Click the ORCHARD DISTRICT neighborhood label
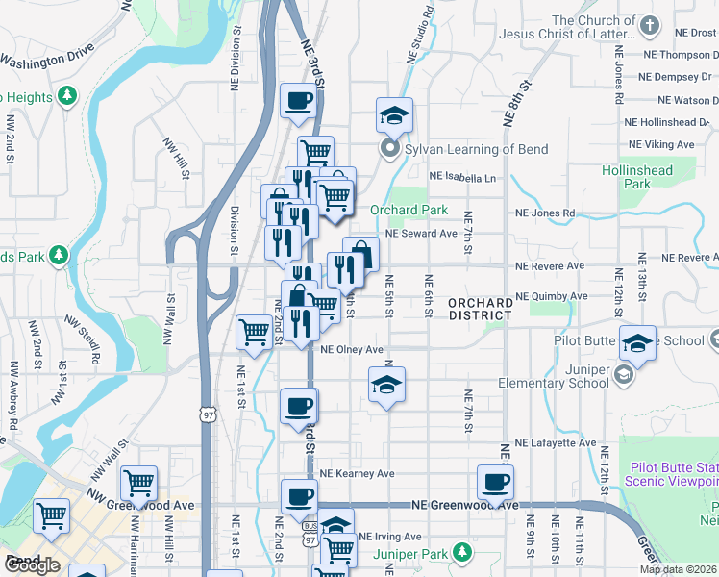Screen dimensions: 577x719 [481, 309]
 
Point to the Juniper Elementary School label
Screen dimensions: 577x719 [554, 376]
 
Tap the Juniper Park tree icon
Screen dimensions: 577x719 [463, 552]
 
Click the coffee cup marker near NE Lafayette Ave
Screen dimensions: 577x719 [298, 406]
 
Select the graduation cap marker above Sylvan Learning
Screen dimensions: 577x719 [394, 115]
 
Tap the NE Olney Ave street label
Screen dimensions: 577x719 [352, 350]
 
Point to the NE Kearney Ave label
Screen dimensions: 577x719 [358, 474]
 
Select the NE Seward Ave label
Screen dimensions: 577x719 [421, 234]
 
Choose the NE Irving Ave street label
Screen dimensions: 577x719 [389, 537]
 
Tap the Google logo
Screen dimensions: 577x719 [31, 565]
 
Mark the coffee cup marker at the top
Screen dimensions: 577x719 [298, 100]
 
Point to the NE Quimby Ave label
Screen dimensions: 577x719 [551, 296]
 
